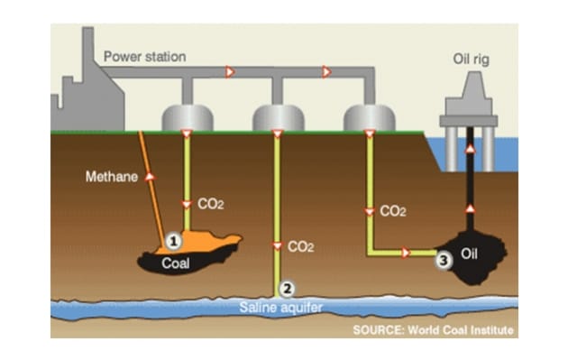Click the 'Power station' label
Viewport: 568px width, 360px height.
pyautogui.click(x=144, y=57)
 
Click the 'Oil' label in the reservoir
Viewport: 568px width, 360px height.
pyautogui.click(x=469, y=254)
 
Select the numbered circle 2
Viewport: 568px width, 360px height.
pyautogui.click(x=287, y=289)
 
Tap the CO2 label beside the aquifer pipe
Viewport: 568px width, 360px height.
pyautogui.click(x=300, y=245)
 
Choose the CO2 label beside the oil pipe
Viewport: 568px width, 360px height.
pyautogui.click(x=392, y=211)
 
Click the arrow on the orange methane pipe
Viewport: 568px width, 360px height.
pyautogui.click(x=148, y=177)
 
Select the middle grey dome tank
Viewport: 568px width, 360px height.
pyautogui.click(x=278, y=117)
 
